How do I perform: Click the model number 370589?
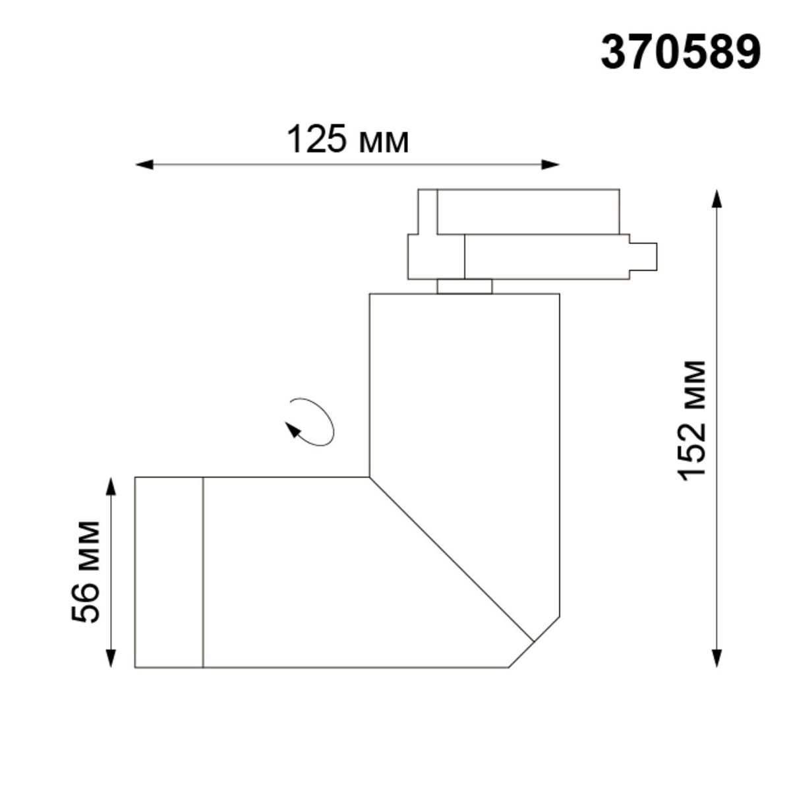coord(680,53)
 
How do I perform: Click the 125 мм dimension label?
coord(347,140)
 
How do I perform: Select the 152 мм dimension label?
coord(693,421)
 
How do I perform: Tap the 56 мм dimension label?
coord(86,571)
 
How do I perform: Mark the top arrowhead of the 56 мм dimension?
coord(111,486)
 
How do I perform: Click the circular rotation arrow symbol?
coord(311,423)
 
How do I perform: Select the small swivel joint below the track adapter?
coord(464,286)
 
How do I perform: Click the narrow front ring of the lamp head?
coord(169,571)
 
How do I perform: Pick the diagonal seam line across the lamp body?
coord(452,559)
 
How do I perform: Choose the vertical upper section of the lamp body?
coord(464,382)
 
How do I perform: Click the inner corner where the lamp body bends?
coord(369,477)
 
